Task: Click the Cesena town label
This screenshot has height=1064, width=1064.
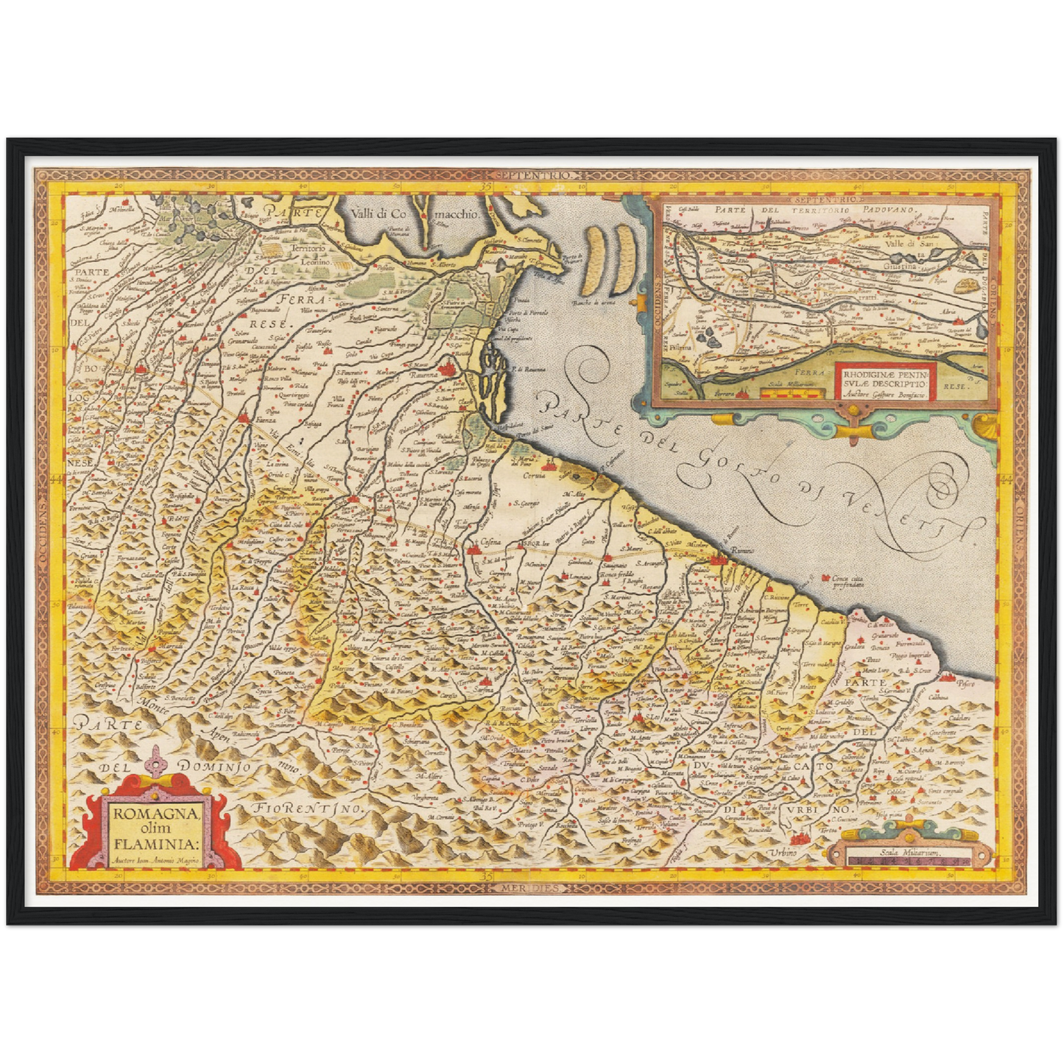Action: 490,542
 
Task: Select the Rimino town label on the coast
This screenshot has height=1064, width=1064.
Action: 744,551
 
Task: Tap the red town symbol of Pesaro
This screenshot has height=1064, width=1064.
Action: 948,674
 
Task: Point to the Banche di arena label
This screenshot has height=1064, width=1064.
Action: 593,301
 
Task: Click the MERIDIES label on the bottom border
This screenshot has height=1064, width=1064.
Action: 532,888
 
